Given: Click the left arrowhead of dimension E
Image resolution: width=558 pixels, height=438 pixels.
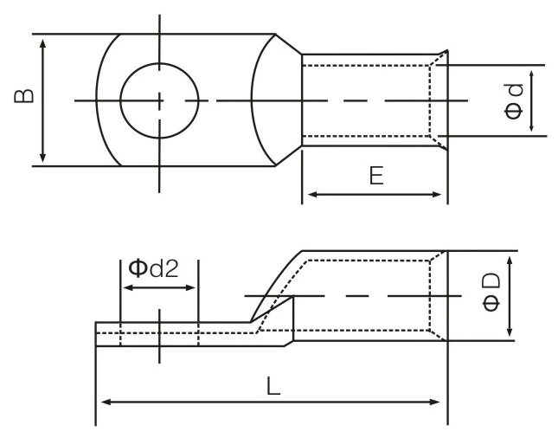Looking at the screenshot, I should tap(308, 194).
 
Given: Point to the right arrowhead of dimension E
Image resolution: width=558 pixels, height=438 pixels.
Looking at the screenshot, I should tap(441, 194).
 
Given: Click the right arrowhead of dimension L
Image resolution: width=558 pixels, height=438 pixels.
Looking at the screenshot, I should tap(441, 402).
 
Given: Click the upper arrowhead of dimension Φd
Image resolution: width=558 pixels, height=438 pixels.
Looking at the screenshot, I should tap(532, 72).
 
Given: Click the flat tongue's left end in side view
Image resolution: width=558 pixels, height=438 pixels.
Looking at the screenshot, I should tap(96, 335).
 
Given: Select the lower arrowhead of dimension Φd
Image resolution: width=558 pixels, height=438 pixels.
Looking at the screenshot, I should tap(532, 129).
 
